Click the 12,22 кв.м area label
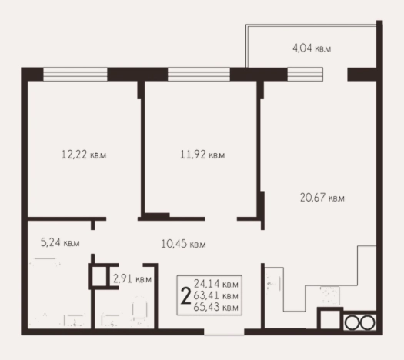[84, 155]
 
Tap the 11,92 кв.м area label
[202, 155]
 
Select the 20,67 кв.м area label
[322, 198]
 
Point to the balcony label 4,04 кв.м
[312, 48]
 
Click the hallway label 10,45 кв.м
[183, 244]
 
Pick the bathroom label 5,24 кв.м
[60, 242]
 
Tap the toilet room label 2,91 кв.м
[132, 279]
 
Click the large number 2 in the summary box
[185, 296]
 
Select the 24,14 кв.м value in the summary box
[216, 284]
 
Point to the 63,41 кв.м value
[216, 295]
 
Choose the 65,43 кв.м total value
[216, 307]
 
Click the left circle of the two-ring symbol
[352, 322]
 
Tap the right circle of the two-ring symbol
[367, 322]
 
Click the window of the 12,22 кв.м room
[75, 75]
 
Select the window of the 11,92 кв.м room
[199, 75]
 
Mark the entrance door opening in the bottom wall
[224, 332]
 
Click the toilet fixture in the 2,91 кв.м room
[139, 308]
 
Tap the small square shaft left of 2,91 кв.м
[99, 276]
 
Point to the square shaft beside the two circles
[330, 319]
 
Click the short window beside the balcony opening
[305, 75]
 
